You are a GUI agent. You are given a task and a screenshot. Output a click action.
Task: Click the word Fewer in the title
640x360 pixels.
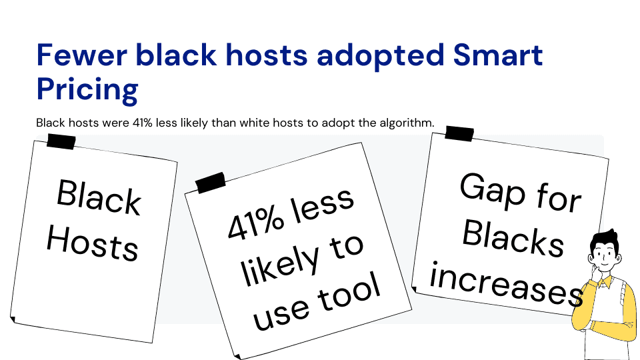(81, 55)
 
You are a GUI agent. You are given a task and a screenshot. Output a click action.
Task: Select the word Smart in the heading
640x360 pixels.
(497, 55)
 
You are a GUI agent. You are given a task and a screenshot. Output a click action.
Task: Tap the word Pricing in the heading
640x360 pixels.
(87, 90)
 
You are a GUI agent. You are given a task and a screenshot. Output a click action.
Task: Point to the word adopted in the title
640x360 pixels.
(380, 56)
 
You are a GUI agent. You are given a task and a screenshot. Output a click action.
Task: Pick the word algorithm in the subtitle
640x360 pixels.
(407, 123)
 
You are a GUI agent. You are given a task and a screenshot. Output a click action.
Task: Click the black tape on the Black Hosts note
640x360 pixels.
(61, 141)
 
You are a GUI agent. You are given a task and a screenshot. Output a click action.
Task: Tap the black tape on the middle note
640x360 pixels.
(211, 183)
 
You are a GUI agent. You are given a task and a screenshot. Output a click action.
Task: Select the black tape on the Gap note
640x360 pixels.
(459, 133)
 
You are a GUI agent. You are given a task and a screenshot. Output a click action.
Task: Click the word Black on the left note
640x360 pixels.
(99, 197)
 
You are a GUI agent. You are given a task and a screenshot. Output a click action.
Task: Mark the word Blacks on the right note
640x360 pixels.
(513, 237)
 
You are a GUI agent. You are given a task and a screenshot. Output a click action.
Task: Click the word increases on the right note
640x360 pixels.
(506, 283)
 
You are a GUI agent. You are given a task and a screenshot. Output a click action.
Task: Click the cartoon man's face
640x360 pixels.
(604, 257)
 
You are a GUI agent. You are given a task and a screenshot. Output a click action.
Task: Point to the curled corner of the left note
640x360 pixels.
(13, 319)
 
